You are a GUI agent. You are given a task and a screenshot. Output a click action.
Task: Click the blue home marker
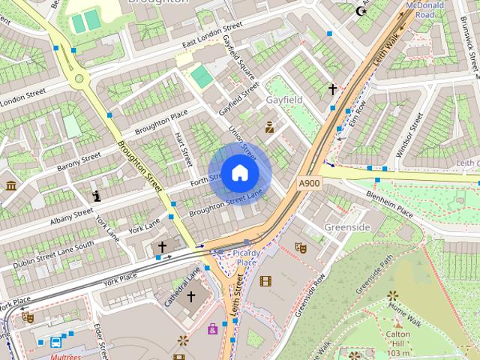pyautogui.click(x=239, y=172)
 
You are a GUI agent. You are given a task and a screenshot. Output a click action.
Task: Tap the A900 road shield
pyautogui.click(x=308, y=183)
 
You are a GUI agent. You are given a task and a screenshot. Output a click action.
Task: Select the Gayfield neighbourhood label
pyautogui.click(x=285, y=99)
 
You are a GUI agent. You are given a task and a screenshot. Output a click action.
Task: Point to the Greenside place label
pyautogui.click(x=347, y=226)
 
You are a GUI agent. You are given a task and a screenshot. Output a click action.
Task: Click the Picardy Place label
pyautogui.click(x=246, y=257)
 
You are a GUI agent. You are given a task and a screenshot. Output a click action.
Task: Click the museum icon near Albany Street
pyautogui.click(x=10, y=185)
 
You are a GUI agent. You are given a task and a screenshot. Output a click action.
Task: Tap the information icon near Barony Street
pyautogui.click(x=96, y=196)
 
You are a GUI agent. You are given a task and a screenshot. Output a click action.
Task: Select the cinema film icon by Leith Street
pyautogui.click(x=265, y=281)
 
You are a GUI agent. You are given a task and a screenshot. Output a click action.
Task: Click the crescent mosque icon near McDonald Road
pyautogui.click(x=362, y=10)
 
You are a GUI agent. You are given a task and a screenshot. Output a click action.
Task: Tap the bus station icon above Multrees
pyautogui.click(x=56, y=343)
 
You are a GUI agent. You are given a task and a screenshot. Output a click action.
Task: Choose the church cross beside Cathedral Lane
pyautogui.click(x=190, y=297)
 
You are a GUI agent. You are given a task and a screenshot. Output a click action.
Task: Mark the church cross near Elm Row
pyautogui.click(x=332, y=89)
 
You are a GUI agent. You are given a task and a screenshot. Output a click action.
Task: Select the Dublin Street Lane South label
pyautogui.click(x=53, y=254)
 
